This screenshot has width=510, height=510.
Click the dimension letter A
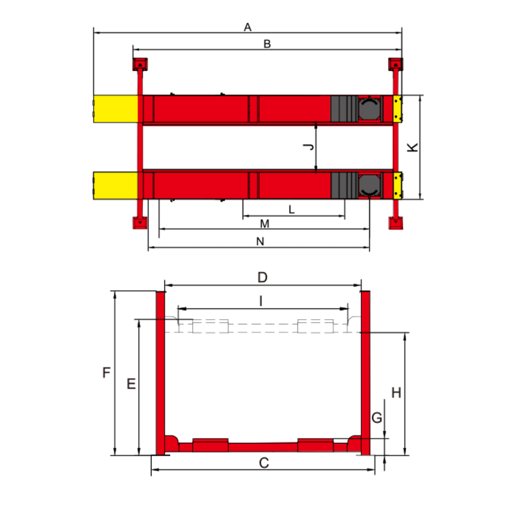click(x=247, y=27)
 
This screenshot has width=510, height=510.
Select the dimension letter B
click(x=267, y=44)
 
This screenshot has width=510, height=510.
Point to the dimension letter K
click(x=413, y=147)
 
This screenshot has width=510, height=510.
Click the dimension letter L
click(x=291, y=210)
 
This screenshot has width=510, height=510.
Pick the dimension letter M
click(x=265, y=224)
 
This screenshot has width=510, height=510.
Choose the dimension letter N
click(x=260, y=241)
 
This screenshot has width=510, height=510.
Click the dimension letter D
click(x=263, y=278)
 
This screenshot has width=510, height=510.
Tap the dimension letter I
click(x=261, y=301)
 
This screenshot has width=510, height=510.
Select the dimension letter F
click(x=106, y=373)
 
